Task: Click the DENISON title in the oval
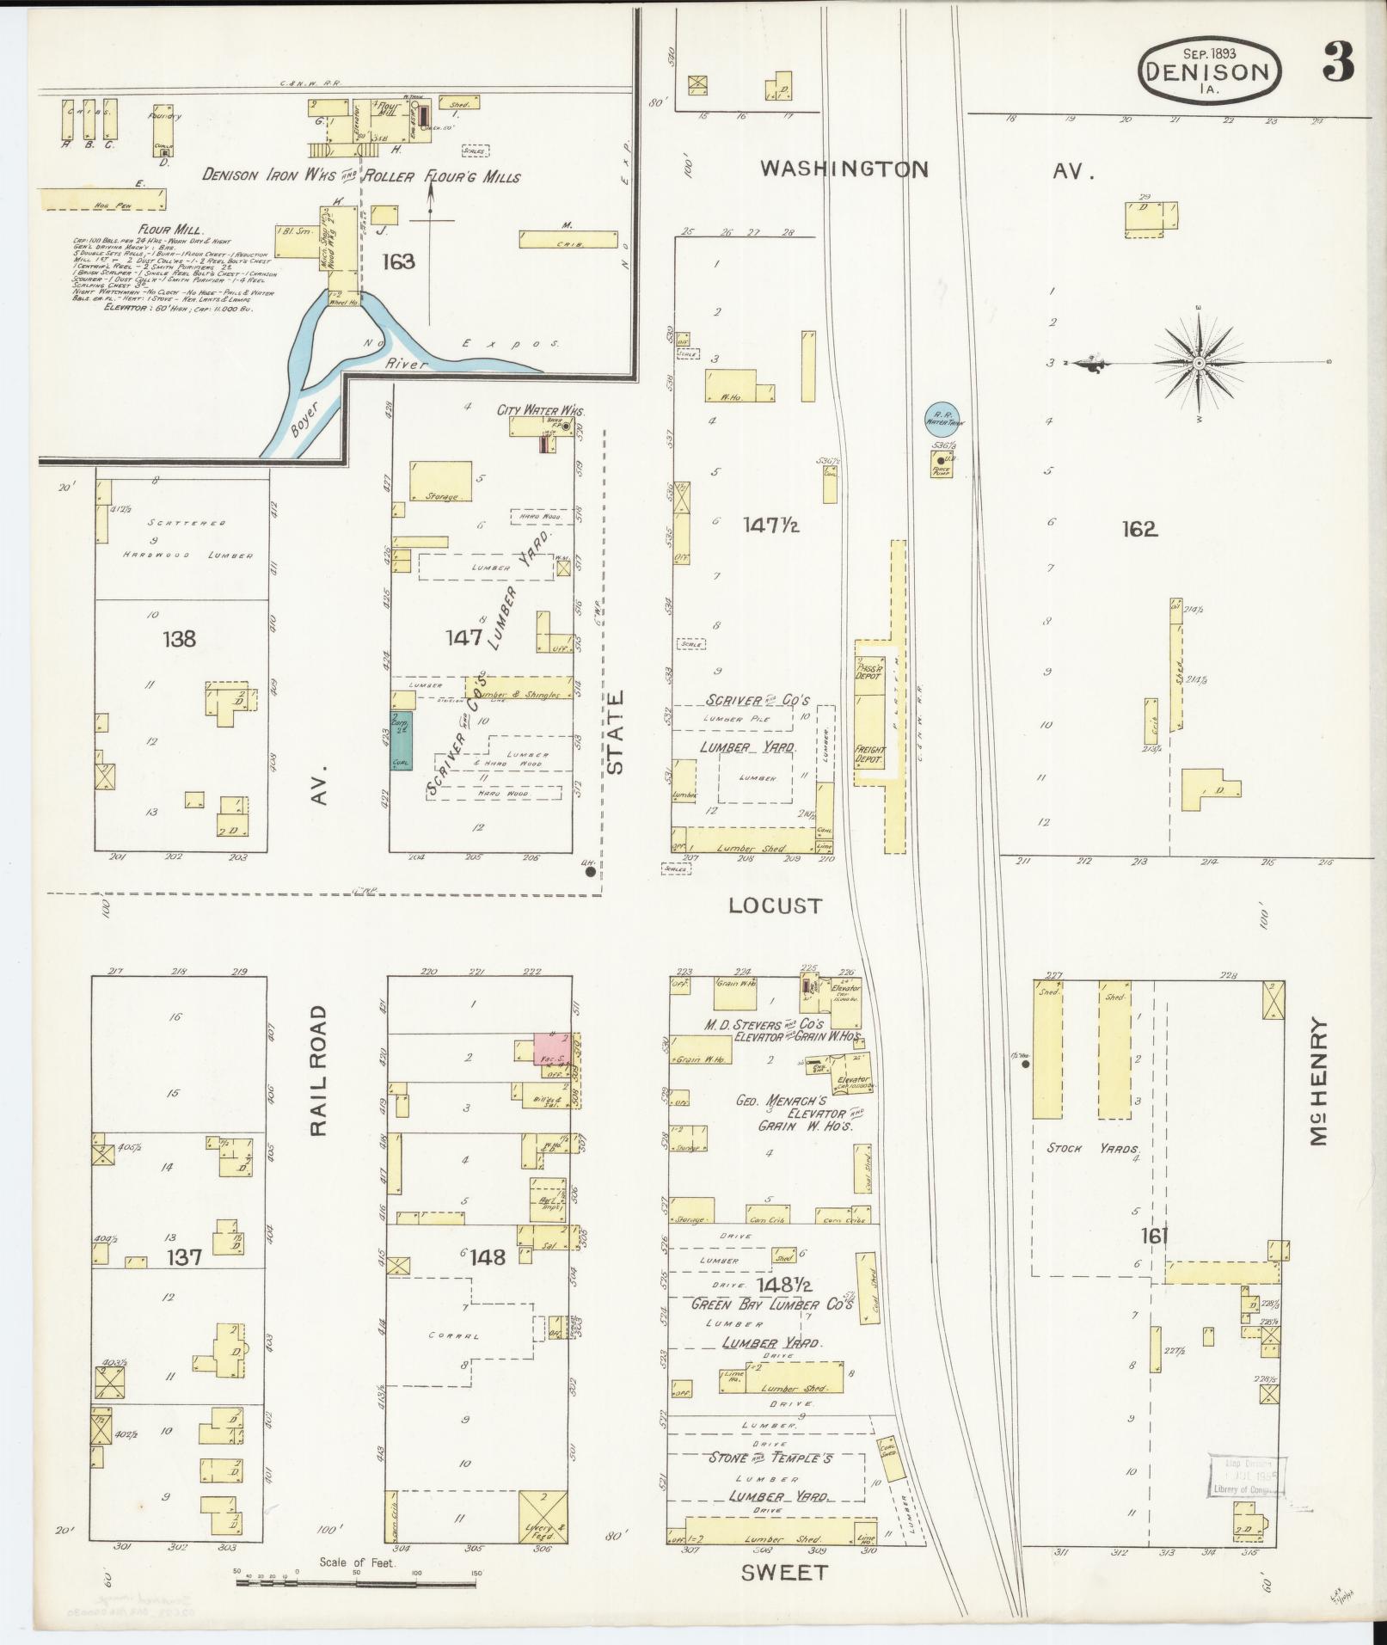click(1210, 71)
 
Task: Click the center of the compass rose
click(1198, 363)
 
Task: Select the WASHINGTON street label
click(844, 169)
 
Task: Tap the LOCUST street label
click(775, 905)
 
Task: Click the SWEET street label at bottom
click(783, 1572)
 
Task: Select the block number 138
click(179, 639)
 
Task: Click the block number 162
click(1138, 530)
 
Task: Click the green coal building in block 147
click(401, 740)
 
